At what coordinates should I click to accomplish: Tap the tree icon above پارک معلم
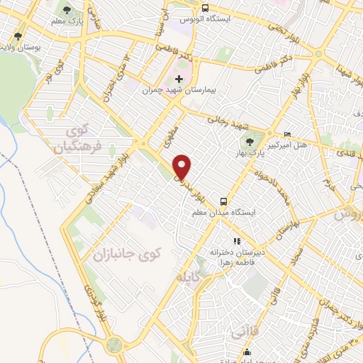[x=67, y=11]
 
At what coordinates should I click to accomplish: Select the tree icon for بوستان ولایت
[x=18, y=35]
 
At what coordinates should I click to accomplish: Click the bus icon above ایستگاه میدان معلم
[x=223, y=201]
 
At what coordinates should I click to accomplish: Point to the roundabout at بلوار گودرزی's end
[x=113, y=345]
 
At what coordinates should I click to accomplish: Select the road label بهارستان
[x=286, y=228]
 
